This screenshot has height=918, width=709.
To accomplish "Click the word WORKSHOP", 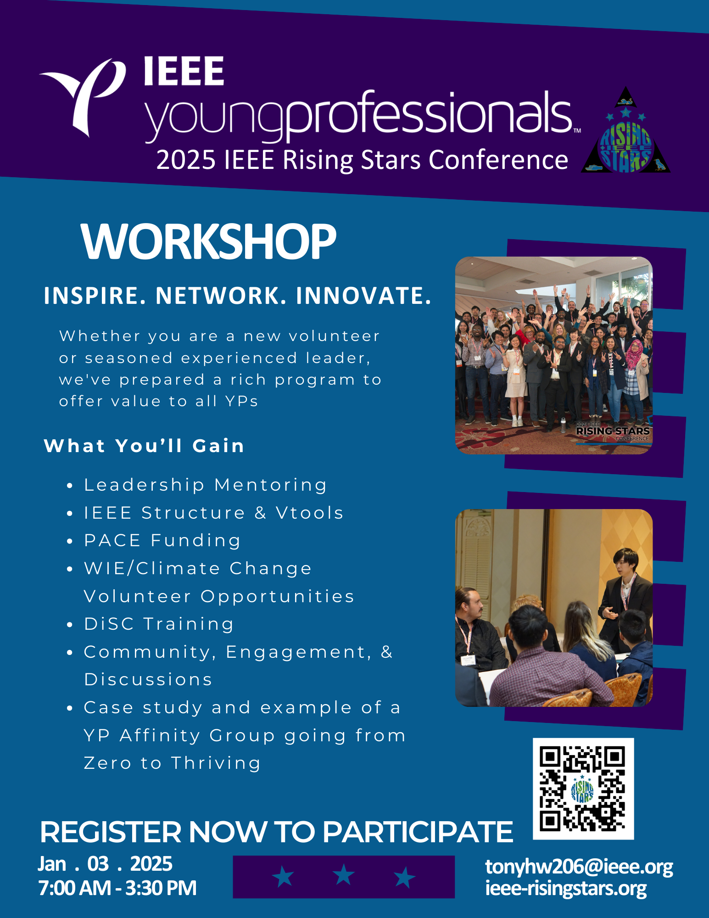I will point(209,241).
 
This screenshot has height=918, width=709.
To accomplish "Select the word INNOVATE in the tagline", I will point(363,296).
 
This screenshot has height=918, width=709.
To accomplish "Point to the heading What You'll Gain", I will point(144,446).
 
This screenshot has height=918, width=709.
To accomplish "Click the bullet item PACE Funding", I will point(162,540).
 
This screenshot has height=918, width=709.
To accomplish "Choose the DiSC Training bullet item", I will point(159,624).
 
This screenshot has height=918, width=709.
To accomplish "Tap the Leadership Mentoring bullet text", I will point(206,485).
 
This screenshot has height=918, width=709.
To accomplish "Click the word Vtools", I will point(310,513).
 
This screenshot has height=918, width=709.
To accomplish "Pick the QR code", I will point(583,789).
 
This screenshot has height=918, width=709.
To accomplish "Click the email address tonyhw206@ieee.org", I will point(579,867).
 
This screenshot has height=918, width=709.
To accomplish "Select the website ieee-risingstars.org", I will point(566,888).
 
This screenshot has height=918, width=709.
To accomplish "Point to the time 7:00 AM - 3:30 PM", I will point(117,888).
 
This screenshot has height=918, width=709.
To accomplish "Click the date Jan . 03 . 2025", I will point(105,864).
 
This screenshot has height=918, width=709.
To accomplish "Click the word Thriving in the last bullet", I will point(216,763).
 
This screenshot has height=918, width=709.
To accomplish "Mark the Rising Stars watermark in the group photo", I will point(613,431).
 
